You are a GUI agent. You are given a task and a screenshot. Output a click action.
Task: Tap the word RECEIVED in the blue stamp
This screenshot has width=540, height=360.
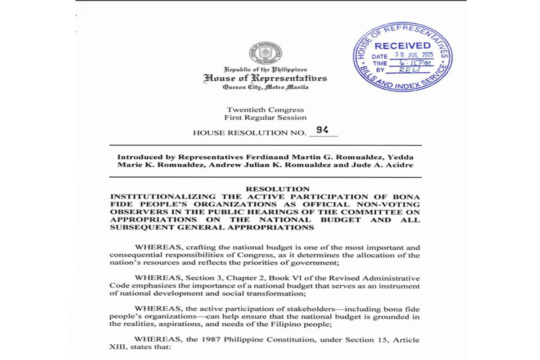403,46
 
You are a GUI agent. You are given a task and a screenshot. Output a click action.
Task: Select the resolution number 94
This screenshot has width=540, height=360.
322,130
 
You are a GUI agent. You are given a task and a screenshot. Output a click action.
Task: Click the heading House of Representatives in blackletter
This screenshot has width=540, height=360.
265,78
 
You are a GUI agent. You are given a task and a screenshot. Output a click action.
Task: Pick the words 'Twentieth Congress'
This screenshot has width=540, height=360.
265,110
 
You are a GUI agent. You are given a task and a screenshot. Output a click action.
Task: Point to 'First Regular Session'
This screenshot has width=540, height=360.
265,117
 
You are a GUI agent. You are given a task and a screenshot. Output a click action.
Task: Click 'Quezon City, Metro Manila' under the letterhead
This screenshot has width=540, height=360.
265,87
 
